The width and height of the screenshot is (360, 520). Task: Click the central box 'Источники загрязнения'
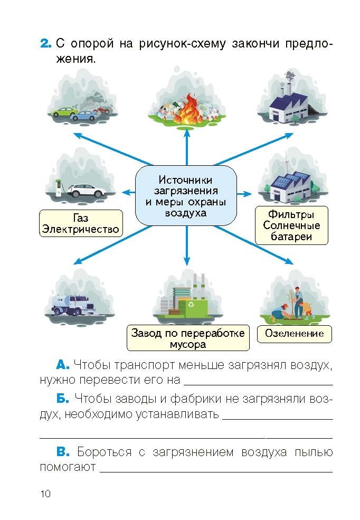185,195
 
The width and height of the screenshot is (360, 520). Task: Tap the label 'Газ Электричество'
81,224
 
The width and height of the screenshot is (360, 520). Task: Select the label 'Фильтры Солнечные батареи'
291,225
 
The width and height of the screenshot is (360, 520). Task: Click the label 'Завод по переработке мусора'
188,338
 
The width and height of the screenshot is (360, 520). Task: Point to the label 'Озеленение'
294,334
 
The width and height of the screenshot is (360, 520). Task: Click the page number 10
45,494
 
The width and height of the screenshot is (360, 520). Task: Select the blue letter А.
62,365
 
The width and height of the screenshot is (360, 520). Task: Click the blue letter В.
63,452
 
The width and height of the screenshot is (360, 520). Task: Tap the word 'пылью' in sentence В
313,452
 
